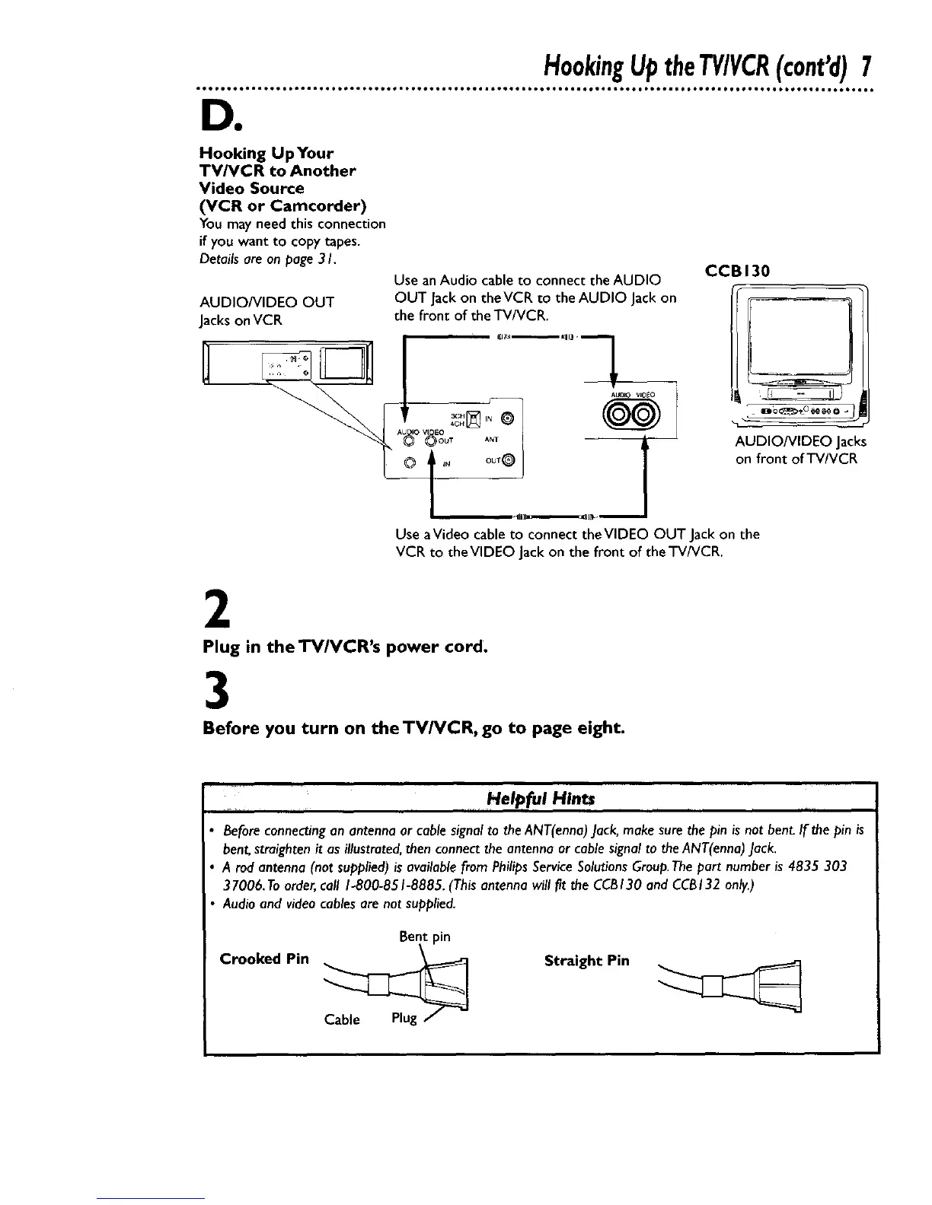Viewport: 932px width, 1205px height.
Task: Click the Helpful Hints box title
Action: (x=541, y=798)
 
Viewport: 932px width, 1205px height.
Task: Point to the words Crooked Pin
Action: (x=264, y=959)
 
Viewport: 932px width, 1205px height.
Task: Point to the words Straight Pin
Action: (x=587, y=960)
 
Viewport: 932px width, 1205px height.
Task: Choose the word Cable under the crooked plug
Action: (x=342, y=1019)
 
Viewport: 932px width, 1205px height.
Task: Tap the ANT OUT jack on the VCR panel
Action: (x=509, y=459)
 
